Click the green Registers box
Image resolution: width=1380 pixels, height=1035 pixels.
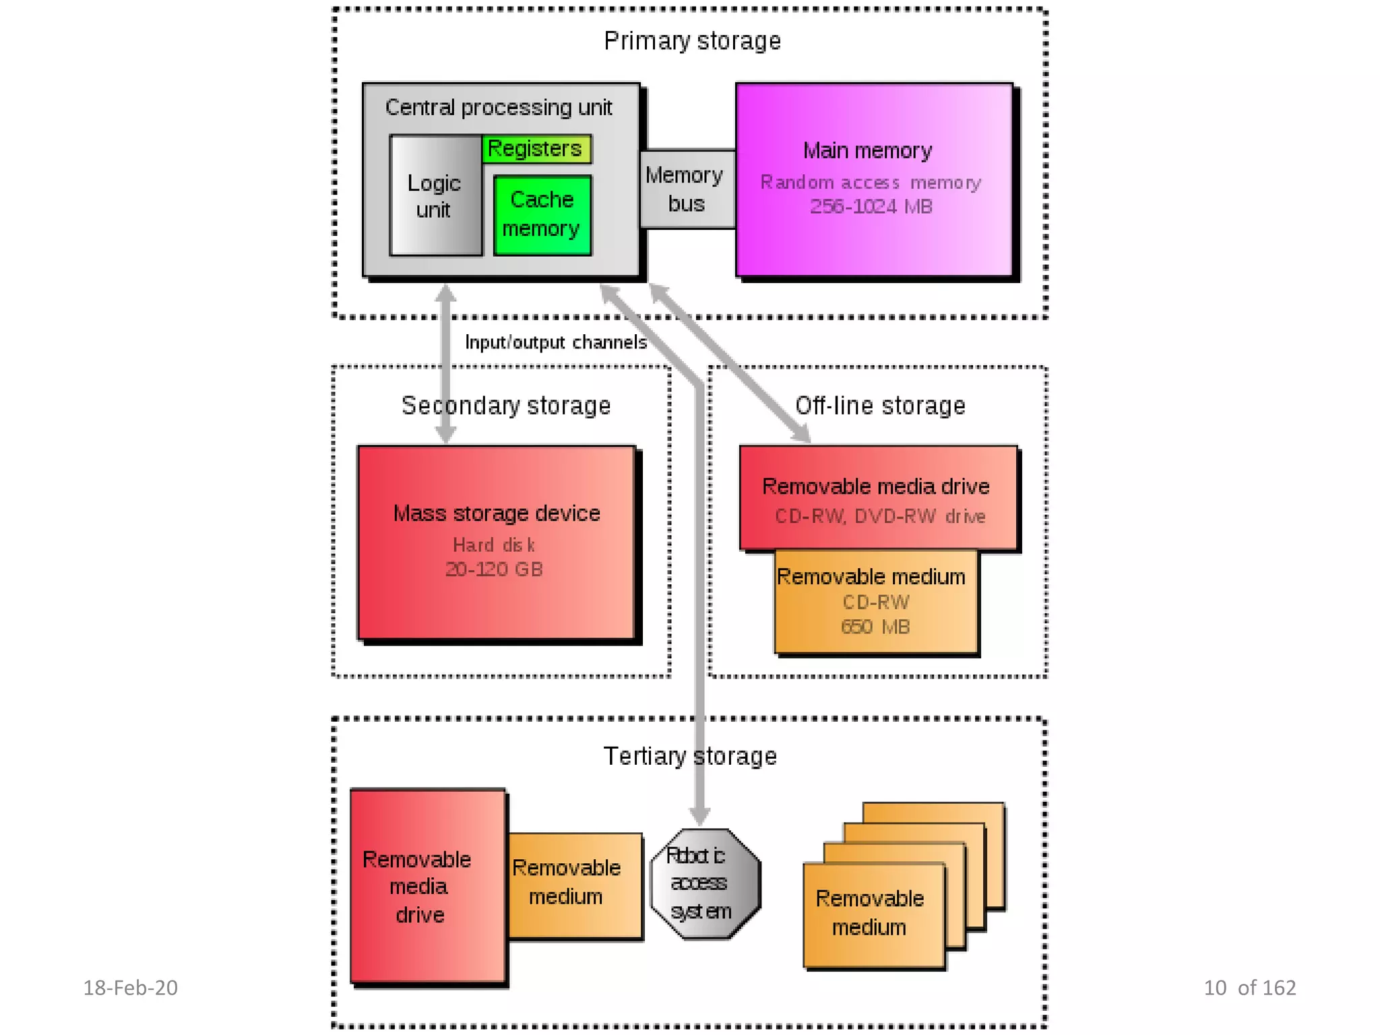537,149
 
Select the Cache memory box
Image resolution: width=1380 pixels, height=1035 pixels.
542,215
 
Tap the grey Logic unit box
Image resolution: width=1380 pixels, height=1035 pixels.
435,196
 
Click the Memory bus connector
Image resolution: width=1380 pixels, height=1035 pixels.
686,189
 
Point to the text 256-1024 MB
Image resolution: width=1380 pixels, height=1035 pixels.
871,206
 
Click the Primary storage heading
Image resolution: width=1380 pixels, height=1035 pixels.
692,41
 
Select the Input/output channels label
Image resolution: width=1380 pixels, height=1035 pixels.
556,342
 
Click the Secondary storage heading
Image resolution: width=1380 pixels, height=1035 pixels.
506,406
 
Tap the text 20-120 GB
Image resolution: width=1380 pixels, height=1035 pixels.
494,569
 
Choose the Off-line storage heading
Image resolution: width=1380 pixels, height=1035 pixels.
880,406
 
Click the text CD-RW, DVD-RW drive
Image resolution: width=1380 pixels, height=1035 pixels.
880,516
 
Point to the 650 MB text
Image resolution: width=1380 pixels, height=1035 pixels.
875,627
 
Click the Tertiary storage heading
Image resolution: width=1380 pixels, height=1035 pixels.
690,756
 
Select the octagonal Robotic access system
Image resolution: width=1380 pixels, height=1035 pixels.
705,883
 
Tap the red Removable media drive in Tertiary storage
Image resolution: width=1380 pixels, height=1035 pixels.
427,886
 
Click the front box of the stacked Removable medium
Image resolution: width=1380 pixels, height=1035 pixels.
873,914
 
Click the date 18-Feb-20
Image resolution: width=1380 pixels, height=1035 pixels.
130,988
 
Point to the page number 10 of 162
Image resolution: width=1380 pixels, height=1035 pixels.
1249,988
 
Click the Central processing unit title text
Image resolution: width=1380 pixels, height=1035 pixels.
499,108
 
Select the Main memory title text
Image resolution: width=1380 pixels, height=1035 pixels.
867,150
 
